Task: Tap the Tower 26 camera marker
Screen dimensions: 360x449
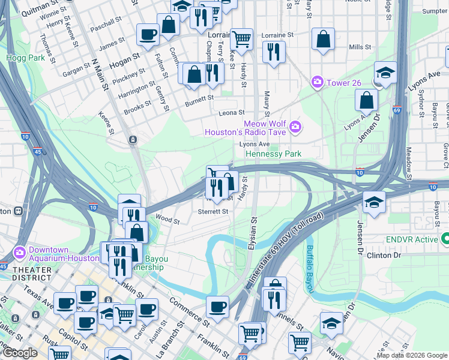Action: [x=316, y=82]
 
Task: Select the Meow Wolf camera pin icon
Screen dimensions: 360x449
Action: [x=295, y=126]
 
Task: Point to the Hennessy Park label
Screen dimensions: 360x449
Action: [x=273, y=154]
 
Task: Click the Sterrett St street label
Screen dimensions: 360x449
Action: [x=213, y=211]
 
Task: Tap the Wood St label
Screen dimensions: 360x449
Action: [x=167, y=220]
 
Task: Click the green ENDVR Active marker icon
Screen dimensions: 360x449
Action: [x=445, y=239]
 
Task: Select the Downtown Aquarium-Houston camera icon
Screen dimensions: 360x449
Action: [x=19, y=251]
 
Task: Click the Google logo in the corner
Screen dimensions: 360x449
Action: [x=19, y=353]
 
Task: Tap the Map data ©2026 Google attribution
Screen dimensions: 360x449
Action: [x=412, y=355]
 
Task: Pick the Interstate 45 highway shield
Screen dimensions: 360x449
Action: [x=36, y=152]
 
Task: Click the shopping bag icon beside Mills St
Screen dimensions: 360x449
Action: [x=324, y=39]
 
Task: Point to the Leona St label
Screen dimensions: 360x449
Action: [x=232, y=112]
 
